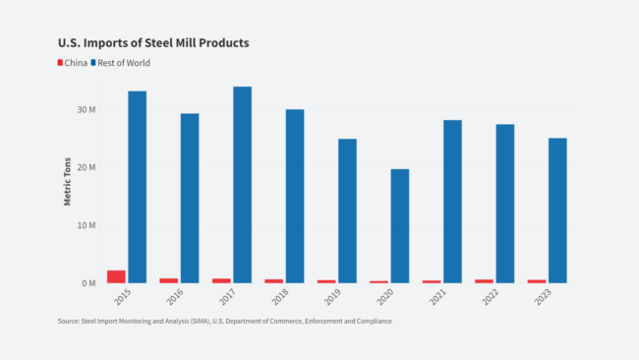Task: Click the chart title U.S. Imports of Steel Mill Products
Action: click(153, 43)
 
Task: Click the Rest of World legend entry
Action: click(123, 63)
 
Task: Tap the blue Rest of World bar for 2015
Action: click(137, 187)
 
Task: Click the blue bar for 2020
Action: click(400, 226)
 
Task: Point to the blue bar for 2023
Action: click(557, 210)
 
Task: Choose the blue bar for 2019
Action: click(347, 210)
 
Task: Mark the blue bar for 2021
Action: click(452, 202)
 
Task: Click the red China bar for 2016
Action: click(169, 280)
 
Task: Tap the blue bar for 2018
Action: click(295, 196)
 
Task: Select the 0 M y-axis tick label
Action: click(87, 283)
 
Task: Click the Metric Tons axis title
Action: click(68, 183)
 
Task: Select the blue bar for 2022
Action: click(505, 204)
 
